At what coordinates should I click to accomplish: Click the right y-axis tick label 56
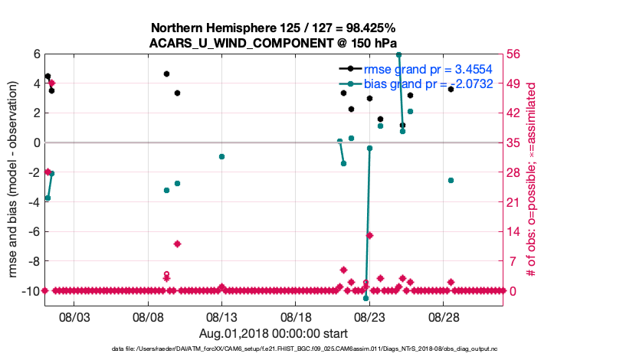click(516, 54)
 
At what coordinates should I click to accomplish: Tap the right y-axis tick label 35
click(516, 143)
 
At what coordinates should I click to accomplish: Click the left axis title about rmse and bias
click(15, 180)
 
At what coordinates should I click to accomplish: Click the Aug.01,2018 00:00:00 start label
click(274, 333)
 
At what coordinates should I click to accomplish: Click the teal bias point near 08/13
click(221, 156)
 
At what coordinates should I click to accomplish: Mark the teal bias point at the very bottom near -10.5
click(366, 298)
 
